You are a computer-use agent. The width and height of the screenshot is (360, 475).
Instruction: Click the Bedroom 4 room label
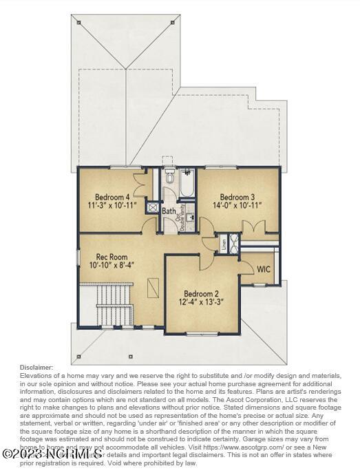[112, 196]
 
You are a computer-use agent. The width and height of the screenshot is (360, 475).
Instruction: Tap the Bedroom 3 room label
[237, 196]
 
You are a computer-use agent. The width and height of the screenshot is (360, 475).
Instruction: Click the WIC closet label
[264, 268]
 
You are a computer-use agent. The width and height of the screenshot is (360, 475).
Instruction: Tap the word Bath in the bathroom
[169, 211]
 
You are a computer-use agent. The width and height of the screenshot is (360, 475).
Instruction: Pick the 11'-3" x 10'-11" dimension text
[112, 205]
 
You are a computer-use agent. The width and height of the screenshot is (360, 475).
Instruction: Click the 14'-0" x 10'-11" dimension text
[237, 205]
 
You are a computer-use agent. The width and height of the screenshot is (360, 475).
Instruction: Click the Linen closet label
[224, 244]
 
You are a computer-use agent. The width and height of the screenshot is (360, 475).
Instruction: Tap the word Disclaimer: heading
[36, 367]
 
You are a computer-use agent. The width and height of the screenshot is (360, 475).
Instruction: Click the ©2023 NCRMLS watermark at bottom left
[52, 454]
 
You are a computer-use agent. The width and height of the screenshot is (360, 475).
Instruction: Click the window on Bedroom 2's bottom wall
[202, 334]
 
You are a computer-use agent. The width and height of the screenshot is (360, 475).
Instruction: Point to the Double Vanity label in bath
[182, 215]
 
